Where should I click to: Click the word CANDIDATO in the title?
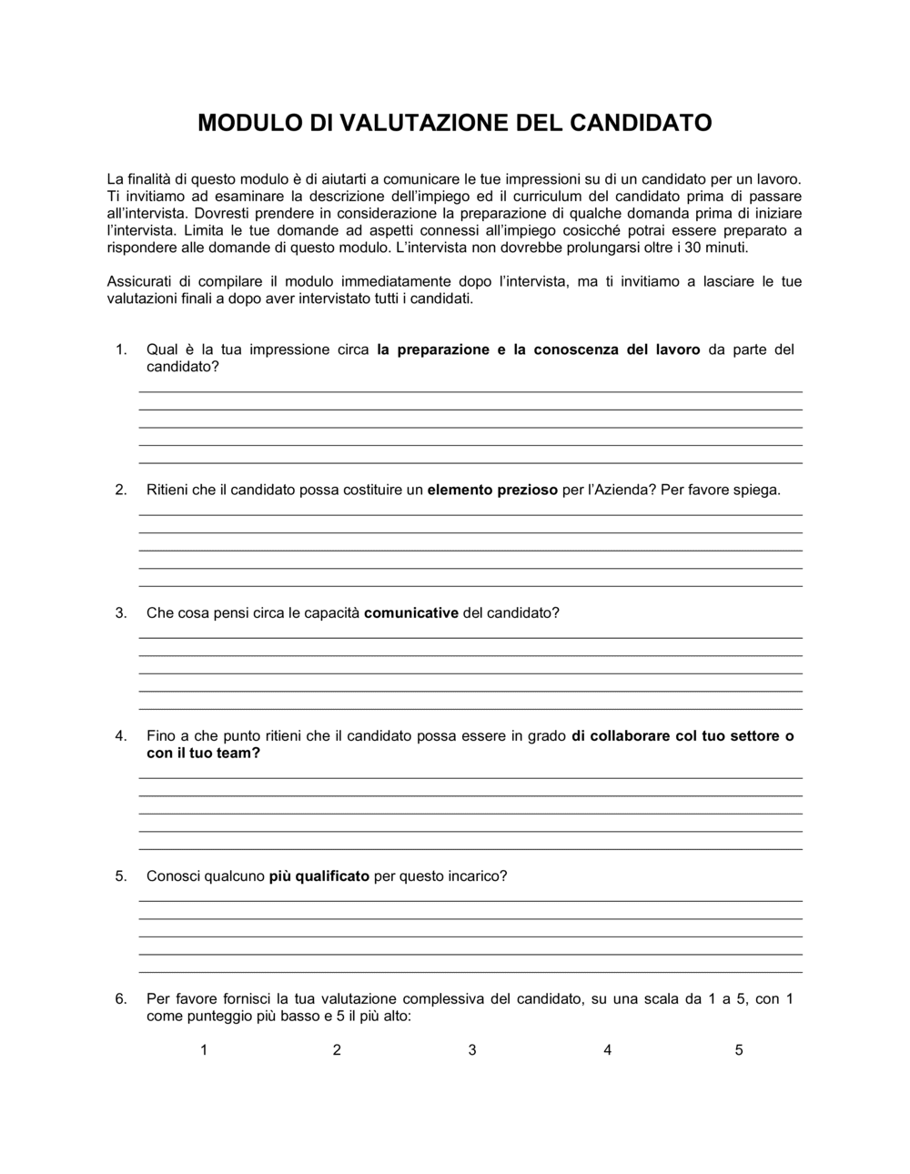(x=641, y=123)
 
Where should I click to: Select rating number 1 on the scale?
(x=204, y=1050)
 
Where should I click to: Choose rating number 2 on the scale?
(x=337, y=1050)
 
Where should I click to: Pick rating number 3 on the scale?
(x=472, y=1050)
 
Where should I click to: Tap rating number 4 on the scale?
(x=607, y=1050)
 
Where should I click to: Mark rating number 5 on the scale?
(x=739, y=1050)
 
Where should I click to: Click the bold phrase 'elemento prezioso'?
(x=492, y=491)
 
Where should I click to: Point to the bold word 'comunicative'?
(x=410, y=613)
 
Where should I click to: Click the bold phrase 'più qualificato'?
(x=318, y=876)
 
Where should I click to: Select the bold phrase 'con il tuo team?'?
(x=203, y=754)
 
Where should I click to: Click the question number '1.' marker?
(x=121, y=350)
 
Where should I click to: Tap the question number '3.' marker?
(x=121, y=613)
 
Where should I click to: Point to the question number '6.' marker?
(x=121, y=999)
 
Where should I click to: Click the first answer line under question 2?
(x=470, y=515)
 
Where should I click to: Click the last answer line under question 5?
(x=470, y=972)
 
